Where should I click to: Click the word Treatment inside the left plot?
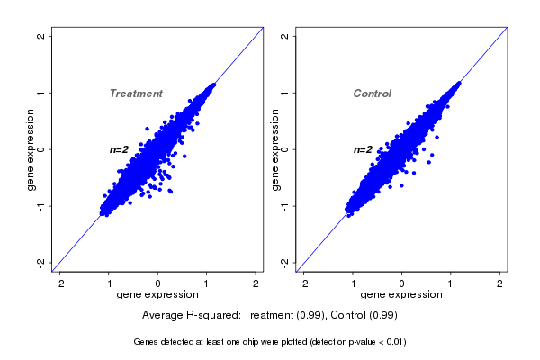(136, 94)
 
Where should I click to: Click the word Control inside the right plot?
(373, 94)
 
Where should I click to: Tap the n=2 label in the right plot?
(363, 149)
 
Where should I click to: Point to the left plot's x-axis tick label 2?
(256, 283)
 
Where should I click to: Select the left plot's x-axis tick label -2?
(59, 283)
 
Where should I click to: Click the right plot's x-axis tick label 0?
(401, 283)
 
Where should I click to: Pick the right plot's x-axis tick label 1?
(451, 283)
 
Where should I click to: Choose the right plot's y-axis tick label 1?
(284, 93)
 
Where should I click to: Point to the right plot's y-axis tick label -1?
(284, 206)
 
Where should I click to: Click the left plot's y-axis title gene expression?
(31, 149)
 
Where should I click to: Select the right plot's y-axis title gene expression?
(274, 149)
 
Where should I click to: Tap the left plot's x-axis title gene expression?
(157, 294)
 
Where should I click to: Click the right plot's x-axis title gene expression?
(401, 294)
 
